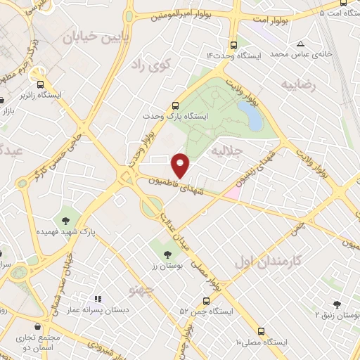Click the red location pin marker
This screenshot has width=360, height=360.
[x=181, y=165]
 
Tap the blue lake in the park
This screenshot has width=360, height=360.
[x=250, y=115]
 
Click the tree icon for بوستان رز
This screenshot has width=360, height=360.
[x=167, y=255]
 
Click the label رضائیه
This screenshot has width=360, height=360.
[x=300, y=84]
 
